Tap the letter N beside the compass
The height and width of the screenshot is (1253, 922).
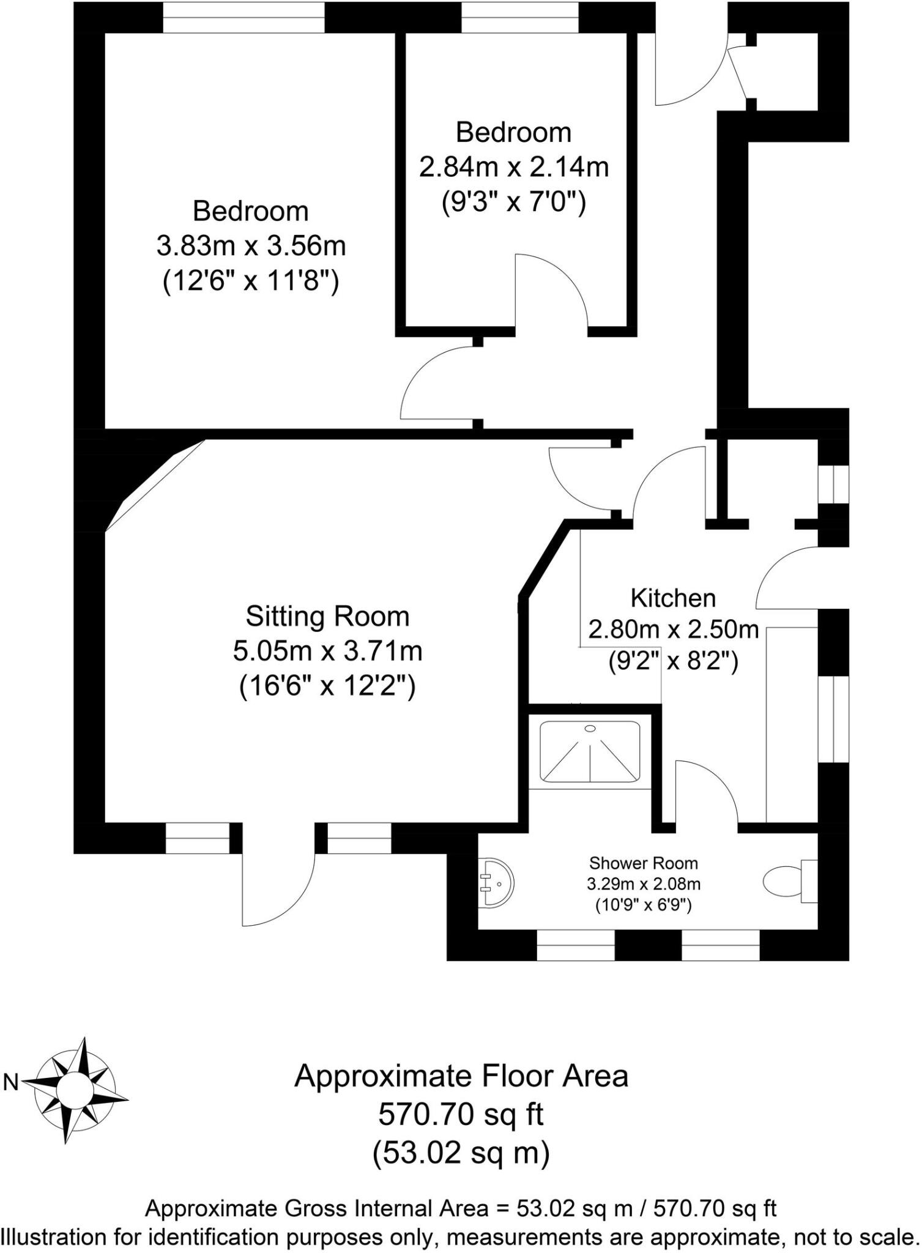click(10, 1082)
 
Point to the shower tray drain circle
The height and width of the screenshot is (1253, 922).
click(590, 728)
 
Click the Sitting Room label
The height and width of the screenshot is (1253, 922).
click(327, 616)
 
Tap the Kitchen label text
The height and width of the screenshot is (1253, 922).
click(673, 598)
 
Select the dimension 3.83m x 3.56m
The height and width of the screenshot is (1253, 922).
click(251, 247)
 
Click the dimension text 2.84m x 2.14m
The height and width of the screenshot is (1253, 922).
click(514, 167)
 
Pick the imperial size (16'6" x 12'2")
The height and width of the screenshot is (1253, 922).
click(327, 686)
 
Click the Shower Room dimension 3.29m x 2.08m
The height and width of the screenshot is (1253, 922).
click(644, 883)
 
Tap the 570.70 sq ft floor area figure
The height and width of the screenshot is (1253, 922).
click(461, 1114)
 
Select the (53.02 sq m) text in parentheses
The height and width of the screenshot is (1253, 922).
click(461, 1153)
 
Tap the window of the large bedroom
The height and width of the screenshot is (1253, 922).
click(244, 17)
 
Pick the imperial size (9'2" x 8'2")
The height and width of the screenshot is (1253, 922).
click(673, 661)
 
